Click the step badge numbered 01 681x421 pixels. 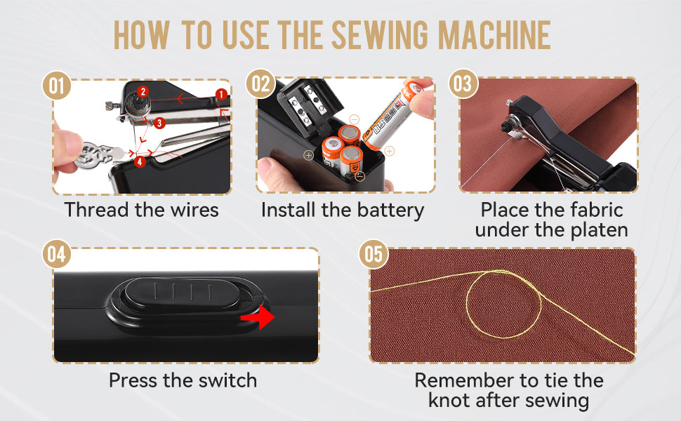click(57, 87)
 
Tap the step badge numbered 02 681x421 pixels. click(260, 85)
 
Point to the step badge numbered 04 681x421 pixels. click(57, 255)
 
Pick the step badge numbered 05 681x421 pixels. click(373, 254)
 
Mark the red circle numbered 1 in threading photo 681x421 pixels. click(220, 93)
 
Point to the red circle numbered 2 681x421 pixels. click(143, 92)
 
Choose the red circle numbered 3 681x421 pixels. click(160, 123)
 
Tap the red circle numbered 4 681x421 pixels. click(140, 162)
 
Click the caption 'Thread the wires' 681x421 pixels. click(142, 210)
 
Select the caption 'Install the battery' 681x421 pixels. click(343, 210)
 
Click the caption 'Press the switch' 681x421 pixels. click(183, 380)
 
